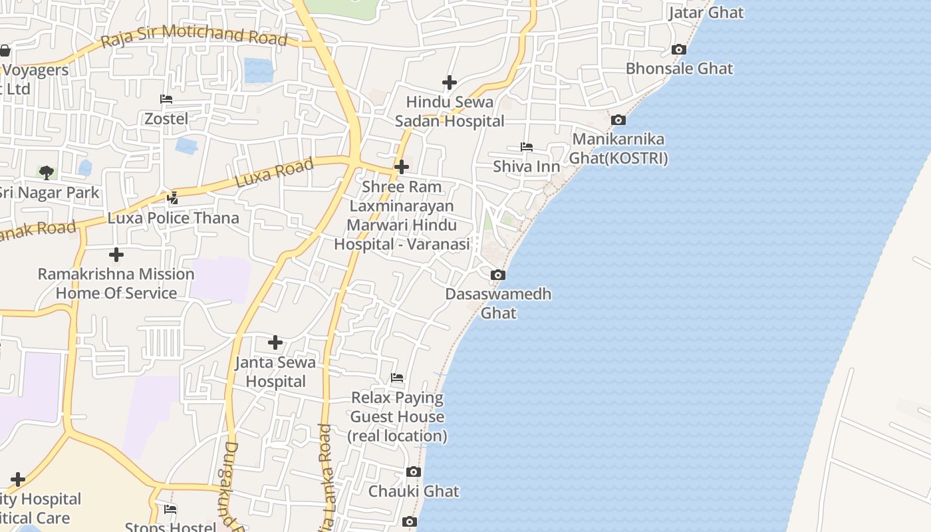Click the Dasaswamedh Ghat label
(498, 303)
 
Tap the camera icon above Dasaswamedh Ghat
(497, 275)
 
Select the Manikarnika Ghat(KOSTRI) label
(618, 148)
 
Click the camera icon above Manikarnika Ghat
(618, 120)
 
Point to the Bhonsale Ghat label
(679, 68)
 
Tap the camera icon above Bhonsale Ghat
(679, 49)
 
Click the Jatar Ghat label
(706, 13)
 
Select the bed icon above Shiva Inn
(527, 147)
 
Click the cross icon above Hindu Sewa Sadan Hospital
(450, 82)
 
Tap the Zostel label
(166, 119)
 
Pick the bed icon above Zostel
(166, 99)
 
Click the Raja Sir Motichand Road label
(194, 37)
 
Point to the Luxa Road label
(274, 173)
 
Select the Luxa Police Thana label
(173, 218)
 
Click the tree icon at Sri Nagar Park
(46, 173)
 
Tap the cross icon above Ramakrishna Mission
(116, 255)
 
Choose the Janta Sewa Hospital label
(275, 372)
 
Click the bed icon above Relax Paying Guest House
(397, 378)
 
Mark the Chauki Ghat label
(414, 491)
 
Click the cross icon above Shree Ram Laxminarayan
(401, 167)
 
